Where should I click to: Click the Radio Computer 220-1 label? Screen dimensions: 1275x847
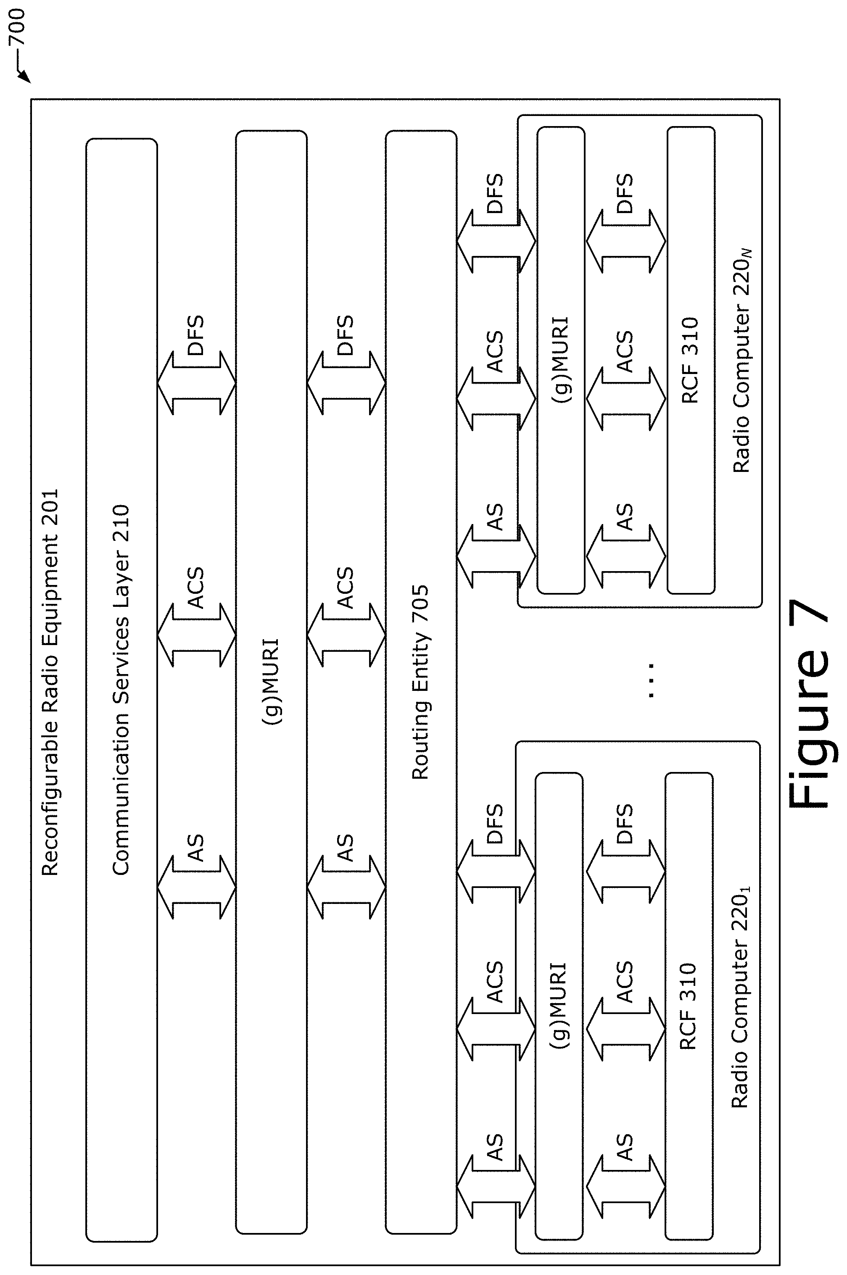click(x=741, y=997)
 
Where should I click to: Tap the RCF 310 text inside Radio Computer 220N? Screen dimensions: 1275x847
click(x=690, y=361)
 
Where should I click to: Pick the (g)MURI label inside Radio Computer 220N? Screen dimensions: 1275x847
click(x=560, y=360)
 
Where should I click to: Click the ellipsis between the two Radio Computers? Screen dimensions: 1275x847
click(x=651, y=680)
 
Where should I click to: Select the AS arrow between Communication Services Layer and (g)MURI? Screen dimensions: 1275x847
click(x=197, y=887)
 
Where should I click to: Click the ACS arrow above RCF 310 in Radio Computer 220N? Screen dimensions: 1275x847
click(x=625, y=400)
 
